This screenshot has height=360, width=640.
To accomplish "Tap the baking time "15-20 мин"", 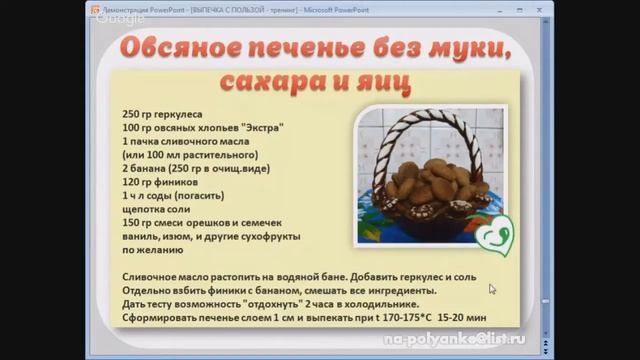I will [x=463, y=317].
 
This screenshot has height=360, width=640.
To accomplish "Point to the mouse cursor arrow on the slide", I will [x=492, y=289].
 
